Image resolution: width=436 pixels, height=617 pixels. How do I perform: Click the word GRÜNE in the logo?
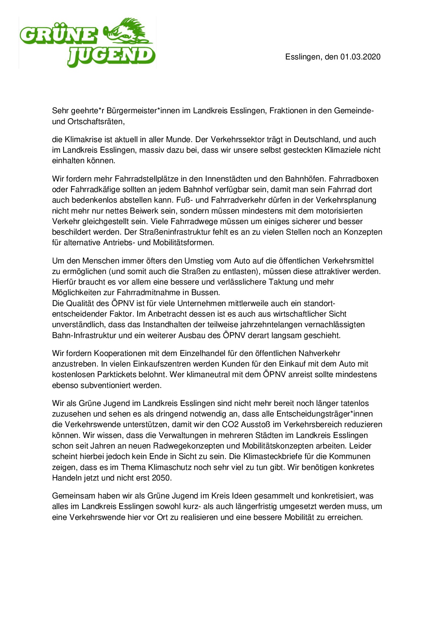coord(58,36)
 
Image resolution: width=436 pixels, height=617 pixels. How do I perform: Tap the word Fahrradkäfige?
coord(91,190)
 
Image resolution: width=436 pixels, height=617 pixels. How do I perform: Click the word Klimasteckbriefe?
coord(282,457)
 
